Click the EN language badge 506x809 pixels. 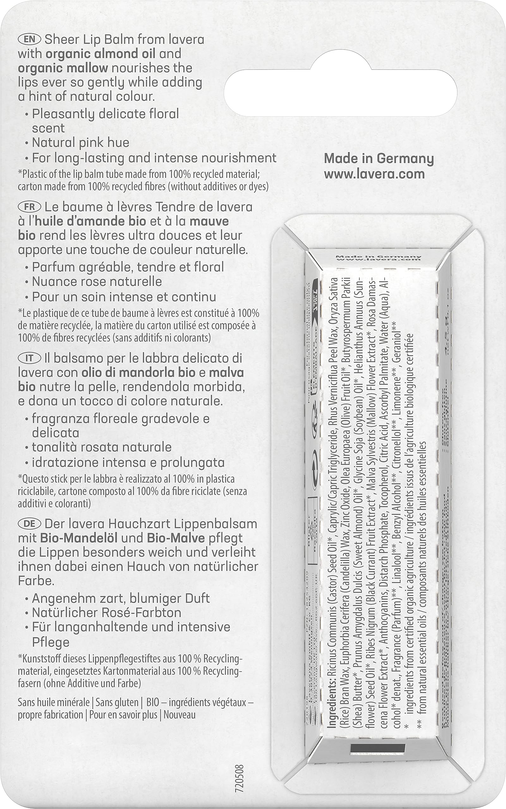point(30,40)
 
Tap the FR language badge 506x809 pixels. point(30,207)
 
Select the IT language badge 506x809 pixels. point(30,358)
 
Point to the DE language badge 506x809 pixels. point(30,524)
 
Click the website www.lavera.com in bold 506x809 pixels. point(374,174)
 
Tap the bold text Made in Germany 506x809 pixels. point(379,159)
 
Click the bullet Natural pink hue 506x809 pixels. point(80,143)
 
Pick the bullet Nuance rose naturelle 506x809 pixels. point(97,282)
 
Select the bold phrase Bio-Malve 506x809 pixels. point(176,538)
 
